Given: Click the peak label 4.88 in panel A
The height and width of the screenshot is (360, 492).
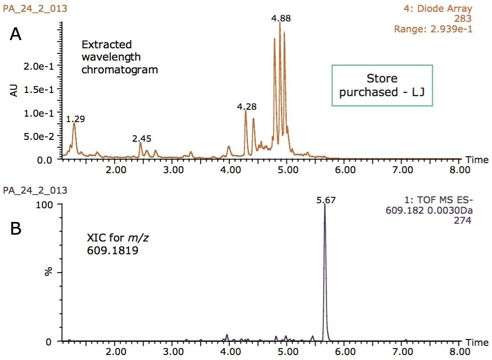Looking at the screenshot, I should tap(280, 19).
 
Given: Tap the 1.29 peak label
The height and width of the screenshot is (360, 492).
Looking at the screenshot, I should tap(75, 119).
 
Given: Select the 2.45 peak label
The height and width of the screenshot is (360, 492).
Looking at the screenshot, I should tap(142, 139).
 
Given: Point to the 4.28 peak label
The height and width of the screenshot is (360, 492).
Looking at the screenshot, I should tap(247, 107).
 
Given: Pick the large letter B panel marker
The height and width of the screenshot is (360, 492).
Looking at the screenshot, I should tap(16, 229).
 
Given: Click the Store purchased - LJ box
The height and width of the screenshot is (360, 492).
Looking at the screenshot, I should tap(382, 85).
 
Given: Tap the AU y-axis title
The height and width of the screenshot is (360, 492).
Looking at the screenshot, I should tap(14, 90).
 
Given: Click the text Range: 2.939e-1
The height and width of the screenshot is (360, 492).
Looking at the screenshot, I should tap(433, 29).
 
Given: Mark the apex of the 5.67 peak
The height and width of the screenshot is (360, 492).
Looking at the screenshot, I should tap(325, 205).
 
